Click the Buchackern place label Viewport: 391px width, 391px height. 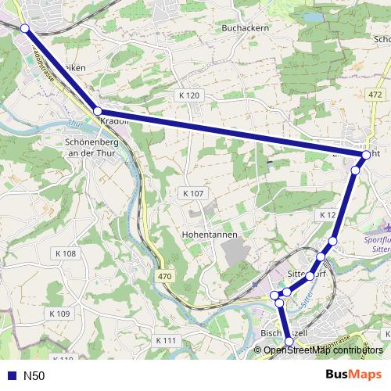[x=246, y=27]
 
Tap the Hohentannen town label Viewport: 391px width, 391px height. [x=208, y=234]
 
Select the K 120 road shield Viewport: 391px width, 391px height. [x=188, y=95]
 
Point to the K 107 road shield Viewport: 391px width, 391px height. [x=192, y=193]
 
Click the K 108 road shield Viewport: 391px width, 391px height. [x=66, y=253]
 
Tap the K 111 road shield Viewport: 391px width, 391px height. [x=167, y=340]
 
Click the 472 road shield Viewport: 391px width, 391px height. [x=375, y=95]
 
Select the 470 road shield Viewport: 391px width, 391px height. [x=163, y=276]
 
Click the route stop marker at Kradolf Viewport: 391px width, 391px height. [x=98, y=111]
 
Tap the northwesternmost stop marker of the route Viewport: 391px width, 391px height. [x=25, y=28]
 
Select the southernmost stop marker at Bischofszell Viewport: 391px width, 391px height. [x=289, y=341]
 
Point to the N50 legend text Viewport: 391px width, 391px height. [x=34, y=375]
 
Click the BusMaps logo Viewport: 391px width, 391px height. [x=353, y=375]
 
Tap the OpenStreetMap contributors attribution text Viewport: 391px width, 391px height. [x=323, y=350]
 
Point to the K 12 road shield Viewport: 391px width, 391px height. [x=327, y=214]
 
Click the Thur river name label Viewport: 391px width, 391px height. [x=75, y=124]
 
